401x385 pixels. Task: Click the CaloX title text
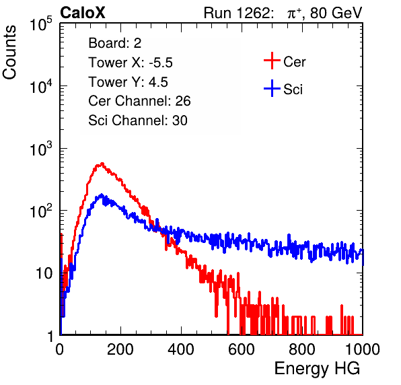tap(83, 13)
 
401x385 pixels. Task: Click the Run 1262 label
tap(237, 13)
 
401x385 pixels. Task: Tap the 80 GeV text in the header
tap(336, 13)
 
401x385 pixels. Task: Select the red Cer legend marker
tap(272, 61)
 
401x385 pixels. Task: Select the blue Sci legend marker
tap(272, 89)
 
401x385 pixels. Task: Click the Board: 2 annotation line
tap(115, 43)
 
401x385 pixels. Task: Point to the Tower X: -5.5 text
tap(131, 63)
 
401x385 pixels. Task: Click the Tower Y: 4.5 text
tap(128, 82)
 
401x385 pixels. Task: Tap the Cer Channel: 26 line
tap(139, 101)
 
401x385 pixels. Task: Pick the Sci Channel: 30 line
tap(138, 120)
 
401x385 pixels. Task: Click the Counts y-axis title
tap(9, 53)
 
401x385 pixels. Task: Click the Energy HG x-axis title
tap(318, 369)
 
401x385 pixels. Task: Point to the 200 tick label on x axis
tap(120, 349)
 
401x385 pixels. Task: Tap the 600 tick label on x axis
tap(242, 349)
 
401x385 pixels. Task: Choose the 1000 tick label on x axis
tap(363, 349)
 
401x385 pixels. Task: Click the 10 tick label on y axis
tap(44, 274)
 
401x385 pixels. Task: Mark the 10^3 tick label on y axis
tap(41, 148)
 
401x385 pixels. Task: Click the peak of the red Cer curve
tap(102, 164)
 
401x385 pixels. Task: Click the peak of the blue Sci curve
tap(102, 195)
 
